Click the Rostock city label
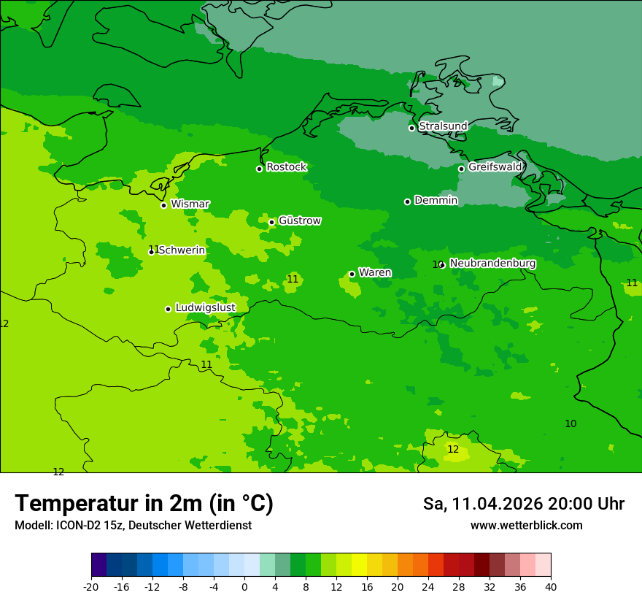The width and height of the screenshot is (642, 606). pos(286,167)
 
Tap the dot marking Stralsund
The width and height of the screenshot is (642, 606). pos(411,128)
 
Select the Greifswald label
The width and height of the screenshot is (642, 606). pos(495,167)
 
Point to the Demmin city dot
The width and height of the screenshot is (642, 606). pos(407,202)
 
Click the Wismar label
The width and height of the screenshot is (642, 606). pos(190,204)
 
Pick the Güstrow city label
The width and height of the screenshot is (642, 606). pos(299,220)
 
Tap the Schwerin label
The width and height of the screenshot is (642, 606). pos(182,250)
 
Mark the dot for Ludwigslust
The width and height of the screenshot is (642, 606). pos(168,309)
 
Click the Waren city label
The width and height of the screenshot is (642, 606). pos(374,273)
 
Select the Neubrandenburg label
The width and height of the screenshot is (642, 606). pos(492,264)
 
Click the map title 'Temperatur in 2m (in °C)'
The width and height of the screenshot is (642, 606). pos(144,503)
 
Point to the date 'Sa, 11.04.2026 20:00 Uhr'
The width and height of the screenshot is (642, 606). pos(523,504)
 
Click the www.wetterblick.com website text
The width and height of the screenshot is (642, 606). pos(526,526)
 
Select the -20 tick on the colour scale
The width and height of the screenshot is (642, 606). pos(91,586)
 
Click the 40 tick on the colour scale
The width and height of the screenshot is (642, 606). pos(551,586)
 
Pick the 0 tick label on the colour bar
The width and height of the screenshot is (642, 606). pos(244,586)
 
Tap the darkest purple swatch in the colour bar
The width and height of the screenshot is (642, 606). pos(98,565)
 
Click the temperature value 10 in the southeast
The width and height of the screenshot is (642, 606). pos(571,423)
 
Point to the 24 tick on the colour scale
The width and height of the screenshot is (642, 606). pos(428,586)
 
